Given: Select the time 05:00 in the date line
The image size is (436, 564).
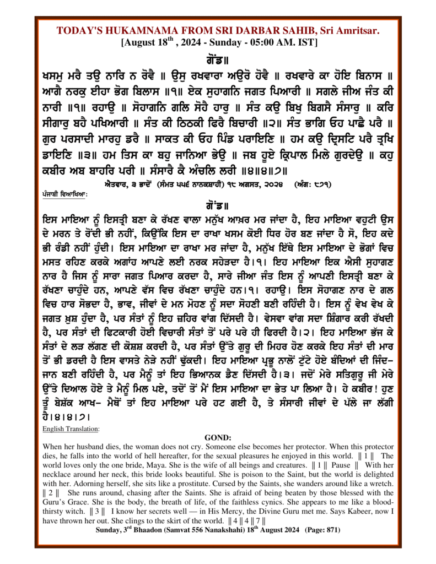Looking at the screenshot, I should [x=264, y=43].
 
